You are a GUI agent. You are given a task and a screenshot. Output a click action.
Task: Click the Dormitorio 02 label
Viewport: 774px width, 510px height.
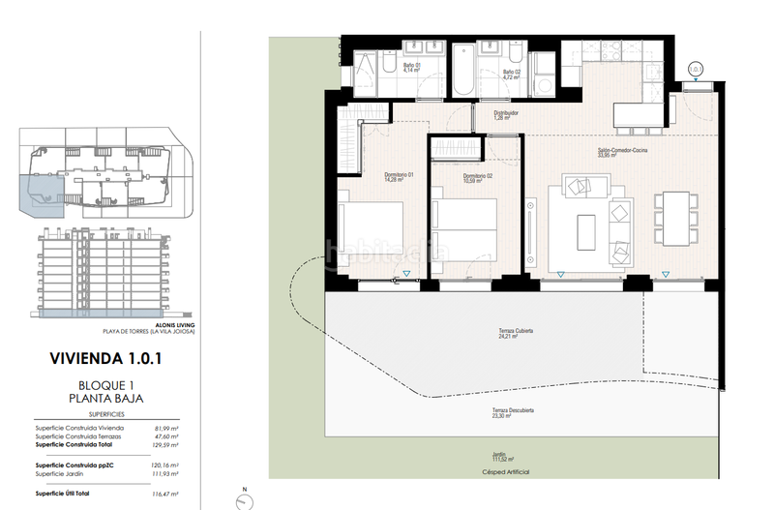click(x=478, y=176)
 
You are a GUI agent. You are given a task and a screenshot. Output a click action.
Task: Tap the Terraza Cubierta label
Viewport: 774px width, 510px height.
click(x=515, y=334)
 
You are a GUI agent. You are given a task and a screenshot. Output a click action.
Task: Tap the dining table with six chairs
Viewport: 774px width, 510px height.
click(x=675, y=218)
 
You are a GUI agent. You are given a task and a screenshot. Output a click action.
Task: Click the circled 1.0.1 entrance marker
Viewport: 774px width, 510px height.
click(x=694, y=68)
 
